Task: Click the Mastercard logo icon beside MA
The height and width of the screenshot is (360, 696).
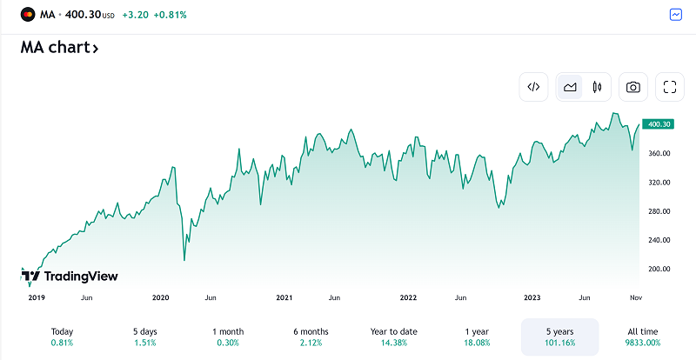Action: [27, 15]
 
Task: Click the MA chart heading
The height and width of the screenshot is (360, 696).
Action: [59, 48]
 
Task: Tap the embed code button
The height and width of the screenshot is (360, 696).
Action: [534, 86]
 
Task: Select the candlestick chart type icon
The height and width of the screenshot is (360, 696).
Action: [597, 86]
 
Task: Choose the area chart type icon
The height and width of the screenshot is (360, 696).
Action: [570, 86]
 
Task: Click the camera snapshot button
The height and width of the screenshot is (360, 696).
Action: [633, 86]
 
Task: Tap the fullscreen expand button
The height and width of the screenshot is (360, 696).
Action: [670, 86]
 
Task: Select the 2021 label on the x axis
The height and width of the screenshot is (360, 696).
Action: [284, 297]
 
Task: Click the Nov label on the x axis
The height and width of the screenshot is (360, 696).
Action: [636, 297]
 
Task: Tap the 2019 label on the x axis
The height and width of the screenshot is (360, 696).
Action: [36, 297]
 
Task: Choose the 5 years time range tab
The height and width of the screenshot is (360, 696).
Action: [559, 338]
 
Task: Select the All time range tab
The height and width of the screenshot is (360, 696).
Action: [645, 338]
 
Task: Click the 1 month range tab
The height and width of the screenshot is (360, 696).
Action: [228, 338]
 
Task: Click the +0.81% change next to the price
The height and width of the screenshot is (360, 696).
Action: [170, 15]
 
